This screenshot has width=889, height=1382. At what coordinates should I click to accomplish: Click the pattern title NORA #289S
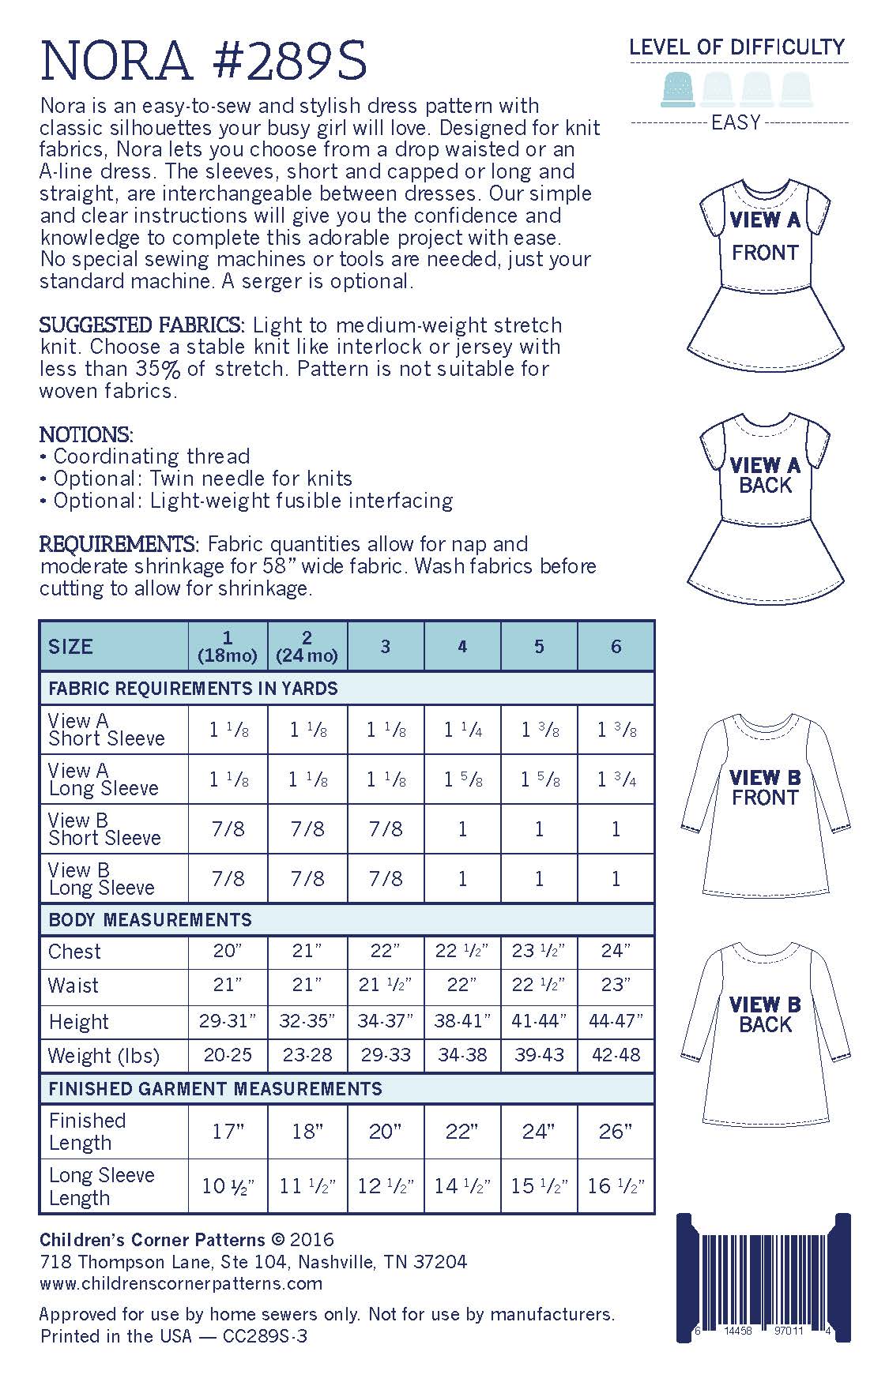[203, 61]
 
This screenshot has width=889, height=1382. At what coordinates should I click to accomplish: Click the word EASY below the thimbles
[736, 123]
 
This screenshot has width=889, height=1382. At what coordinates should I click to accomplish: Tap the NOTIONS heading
[86, 434]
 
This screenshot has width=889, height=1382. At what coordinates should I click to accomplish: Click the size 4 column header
[462, 647]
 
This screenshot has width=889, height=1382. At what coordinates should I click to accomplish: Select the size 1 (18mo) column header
[228, 647]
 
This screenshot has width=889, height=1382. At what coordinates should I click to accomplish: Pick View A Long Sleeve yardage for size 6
[616, 779]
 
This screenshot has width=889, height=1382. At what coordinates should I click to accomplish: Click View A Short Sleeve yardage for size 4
[462, 730]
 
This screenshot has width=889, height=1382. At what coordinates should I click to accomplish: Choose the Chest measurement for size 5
[539, 951]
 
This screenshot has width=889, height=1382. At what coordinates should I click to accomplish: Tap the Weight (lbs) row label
[104, 1056]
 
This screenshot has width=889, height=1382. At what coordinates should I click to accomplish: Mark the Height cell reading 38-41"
[462, 1020]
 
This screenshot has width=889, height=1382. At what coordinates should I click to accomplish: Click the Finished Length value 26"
[616, 1132]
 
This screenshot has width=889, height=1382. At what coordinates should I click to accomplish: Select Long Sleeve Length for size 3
[386, 1186]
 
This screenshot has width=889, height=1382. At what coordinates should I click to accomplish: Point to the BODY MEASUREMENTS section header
[150, 920]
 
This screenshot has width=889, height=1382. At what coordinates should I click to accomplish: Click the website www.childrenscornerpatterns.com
[181, 1283]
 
